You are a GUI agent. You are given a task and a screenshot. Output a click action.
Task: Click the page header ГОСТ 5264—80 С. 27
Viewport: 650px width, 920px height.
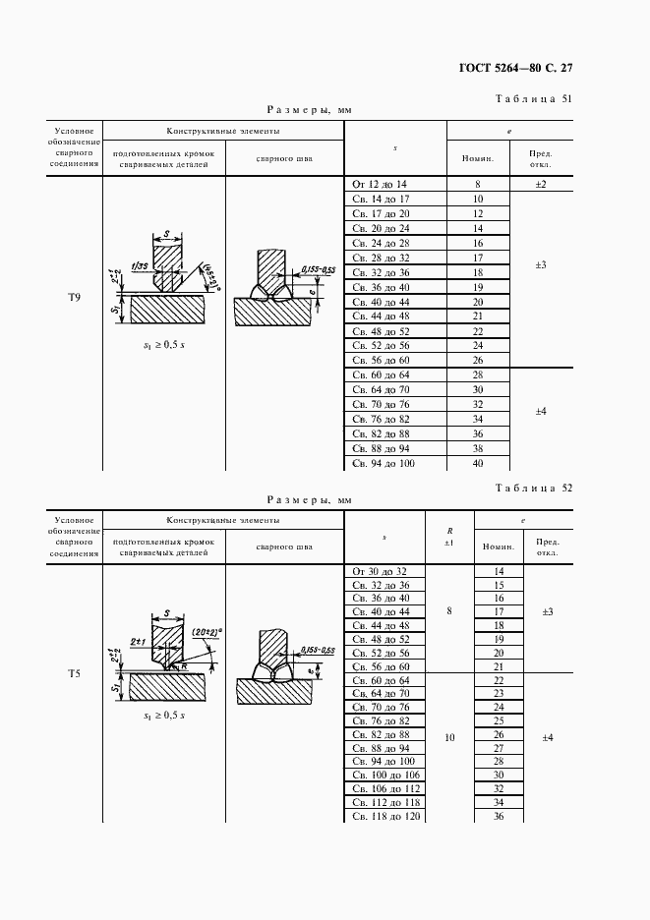(x=515, y=68)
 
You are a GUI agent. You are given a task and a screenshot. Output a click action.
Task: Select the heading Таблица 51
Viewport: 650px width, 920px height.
(x=535, y=98)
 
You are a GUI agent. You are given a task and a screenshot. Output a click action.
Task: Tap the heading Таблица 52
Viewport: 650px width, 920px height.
(x=535, y=488)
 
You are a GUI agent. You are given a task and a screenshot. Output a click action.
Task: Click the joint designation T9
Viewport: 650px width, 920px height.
(x=74, y=298)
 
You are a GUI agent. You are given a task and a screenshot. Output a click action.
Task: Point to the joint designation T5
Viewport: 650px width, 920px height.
(x=74, y=673)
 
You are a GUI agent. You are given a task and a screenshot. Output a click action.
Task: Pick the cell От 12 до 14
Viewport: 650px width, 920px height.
(x=379, y=185)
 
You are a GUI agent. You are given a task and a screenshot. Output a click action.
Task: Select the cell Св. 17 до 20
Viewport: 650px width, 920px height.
(x=381, y=213)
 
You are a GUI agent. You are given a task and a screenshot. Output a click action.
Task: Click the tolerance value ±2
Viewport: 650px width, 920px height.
(x=541, y=185)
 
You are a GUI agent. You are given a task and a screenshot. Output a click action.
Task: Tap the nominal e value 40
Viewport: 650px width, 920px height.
(x=478, y=463)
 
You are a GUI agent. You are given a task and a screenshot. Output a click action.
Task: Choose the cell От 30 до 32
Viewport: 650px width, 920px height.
(x=379, y=571)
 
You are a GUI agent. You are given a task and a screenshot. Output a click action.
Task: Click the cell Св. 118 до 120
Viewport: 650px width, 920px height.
(x=385, y=817)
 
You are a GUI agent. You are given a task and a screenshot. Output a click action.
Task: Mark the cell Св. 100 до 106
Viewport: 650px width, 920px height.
(x=385, y=776)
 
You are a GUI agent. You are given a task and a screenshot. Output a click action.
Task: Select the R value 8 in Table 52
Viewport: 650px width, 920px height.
(x=449, y=611)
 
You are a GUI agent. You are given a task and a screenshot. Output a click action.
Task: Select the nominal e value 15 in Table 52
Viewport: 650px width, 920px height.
(x=499, y=585)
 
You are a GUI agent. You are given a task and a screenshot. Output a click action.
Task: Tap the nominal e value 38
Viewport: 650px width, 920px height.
(x=478, y=448)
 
